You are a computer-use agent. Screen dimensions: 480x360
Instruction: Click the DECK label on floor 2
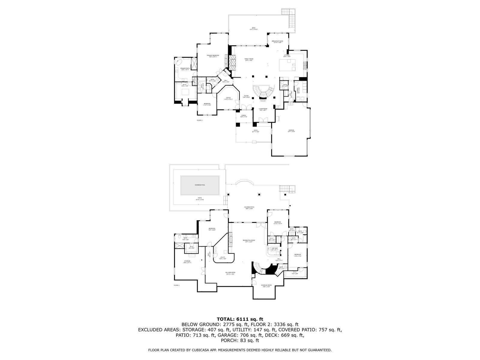coord(253,28)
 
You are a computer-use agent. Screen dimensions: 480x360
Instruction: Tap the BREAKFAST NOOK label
coord(277,41)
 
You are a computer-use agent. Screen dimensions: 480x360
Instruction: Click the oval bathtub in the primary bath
coord(179,63)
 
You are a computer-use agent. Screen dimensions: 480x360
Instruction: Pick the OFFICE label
coord(228,98)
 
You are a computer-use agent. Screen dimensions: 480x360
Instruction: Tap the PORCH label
coord(243,115)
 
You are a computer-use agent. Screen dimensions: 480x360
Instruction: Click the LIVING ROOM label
coord(263,109)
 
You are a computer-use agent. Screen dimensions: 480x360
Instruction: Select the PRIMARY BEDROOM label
coord(213,55)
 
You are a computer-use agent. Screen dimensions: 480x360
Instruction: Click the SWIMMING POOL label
coord(199,185)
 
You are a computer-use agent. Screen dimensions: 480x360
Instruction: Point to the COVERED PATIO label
coord(249,207)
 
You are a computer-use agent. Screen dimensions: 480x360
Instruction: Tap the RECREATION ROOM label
coord(249,240)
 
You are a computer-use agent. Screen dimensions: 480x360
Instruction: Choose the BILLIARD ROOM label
coord(230,272)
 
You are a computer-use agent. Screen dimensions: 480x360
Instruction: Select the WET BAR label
coord(274,248)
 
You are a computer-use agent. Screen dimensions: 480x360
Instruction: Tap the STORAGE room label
coord(187,261)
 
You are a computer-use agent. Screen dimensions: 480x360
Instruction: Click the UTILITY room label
coord(223,257)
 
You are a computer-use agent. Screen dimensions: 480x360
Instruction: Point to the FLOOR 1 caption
coord(177,285)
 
